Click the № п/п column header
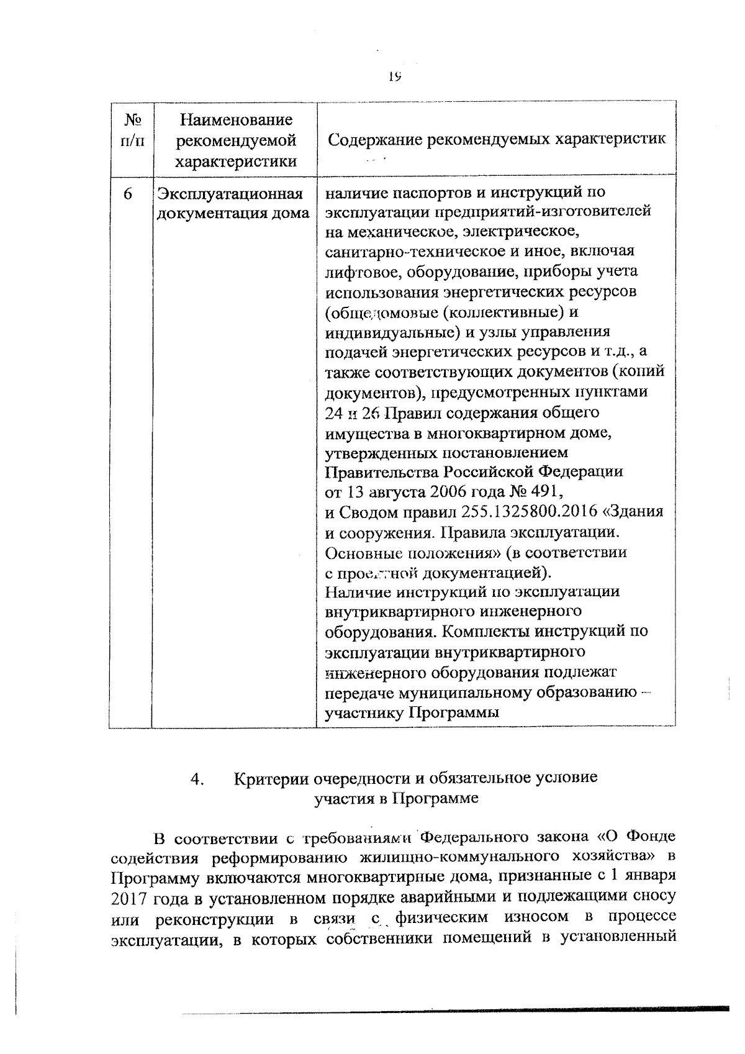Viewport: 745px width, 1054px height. [x=130, y=129]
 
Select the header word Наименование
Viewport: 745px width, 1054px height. [x=235, y=119]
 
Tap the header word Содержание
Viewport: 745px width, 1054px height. [x=366, y=139]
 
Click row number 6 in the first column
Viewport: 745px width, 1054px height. [x=128, y=194]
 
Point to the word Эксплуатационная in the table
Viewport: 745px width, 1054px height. [x=230, y=194]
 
